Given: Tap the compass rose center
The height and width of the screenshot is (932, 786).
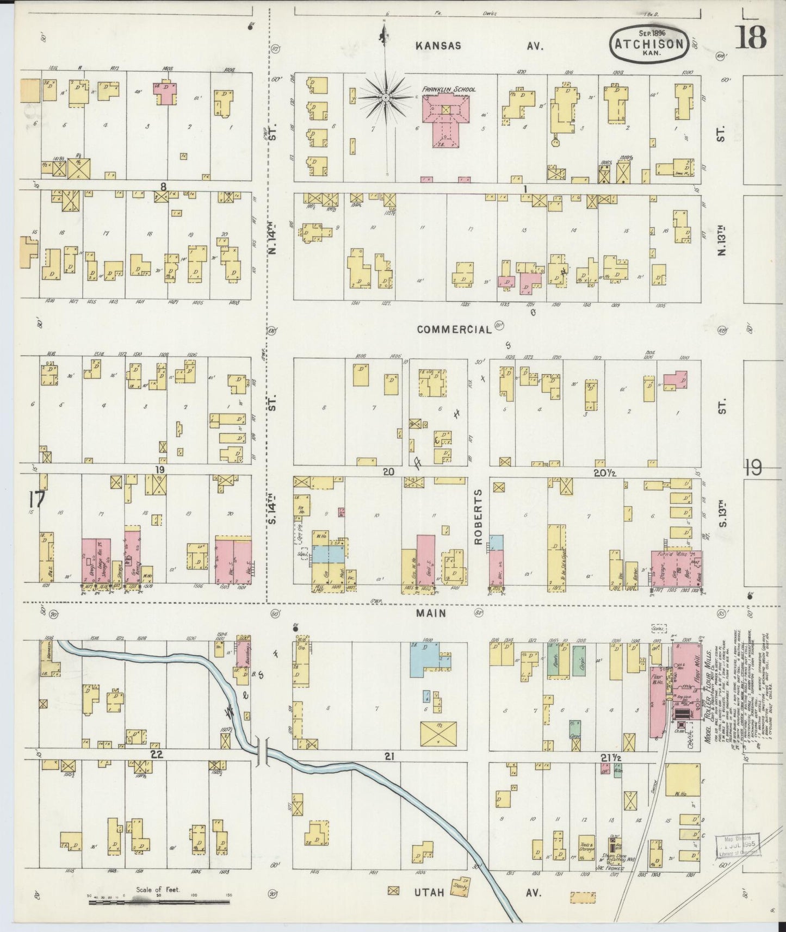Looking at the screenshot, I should point(385,97).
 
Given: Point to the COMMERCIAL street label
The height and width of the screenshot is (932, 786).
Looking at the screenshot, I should point(454,330).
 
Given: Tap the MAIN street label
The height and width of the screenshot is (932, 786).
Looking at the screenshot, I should point(431,613).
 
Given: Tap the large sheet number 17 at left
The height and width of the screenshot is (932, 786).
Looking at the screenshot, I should point(38,499).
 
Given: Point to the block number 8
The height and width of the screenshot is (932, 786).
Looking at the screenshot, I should point(162,187).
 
